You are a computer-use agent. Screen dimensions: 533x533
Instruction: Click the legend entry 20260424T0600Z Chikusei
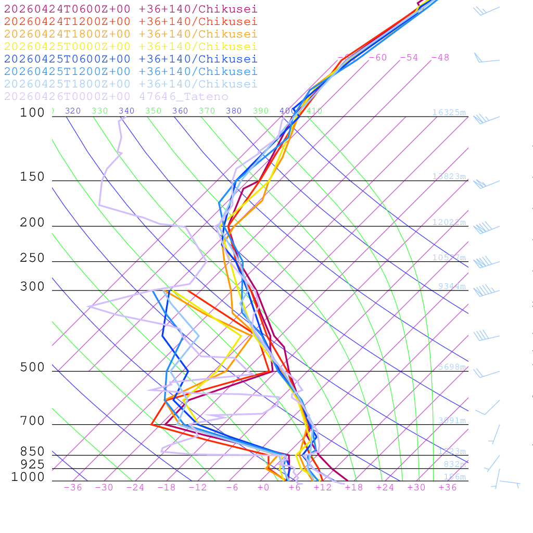tap(131, 9)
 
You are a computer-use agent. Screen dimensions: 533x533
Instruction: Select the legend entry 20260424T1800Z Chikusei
tap(131, 34)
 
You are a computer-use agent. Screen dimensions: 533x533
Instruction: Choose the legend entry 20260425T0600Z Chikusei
tap(131, 59)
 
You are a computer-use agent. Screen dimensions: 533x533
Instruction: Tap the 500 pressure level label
tap(32, 367)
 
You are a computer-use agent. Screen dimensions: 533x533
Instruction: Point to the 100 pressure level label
tap(32, 112)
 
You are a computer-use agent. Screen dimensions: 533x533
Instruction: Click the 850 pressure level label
tap(32, 451)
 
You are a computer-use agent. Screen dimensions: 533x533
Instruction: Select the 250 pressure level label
tap(32, 258)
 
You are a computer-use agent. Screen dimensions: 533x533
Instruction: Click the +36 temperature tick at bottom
tap(448, 487)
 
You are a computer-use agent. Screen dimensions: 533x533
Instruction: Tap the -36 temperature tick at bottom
tap(73, 487)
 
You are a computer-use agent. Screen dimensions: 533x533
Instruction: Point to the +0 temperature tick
tap(263, 487)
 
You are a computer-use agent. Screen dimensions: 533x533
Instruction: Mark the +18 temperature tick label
tap(354, 487)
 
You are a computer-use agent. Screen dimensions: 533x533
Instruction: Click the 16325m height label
tap(449, 112)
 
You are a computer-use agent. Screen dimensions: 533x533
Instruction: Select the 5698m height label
tap(452, 366)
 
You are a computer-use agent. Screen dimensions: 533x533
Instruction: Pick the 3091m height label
tap(452, 420)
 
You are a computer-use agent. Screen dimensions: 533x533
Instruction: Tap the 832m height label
tap(455, 464)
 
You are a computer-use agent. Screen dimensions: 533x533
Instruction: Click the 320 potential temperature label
tap(73, 111)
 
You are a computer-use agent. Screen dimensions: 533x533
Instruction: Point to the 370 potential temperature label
tap(207, 111)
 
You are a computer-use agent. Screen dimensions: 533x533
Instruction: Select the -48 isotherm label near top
tap(440, 57)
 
